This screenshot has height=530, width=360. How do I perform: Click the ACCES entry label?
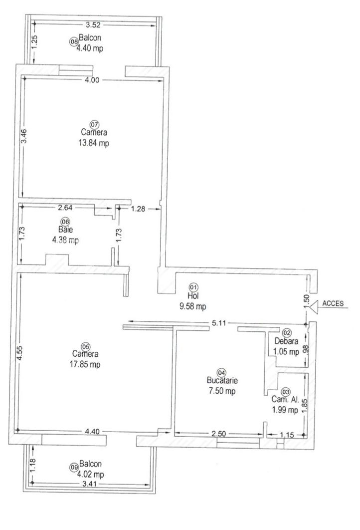tap(333, 303)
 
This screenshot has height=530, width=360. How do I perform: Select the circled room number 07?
tap(94, 124)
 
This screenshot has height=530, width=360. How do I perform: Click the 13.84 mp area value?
tap(94, 143)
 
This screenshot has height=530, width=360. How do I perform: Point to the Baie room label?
tap(65, 230)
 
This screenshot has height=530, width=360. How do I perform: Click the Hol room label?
tap(193, 296)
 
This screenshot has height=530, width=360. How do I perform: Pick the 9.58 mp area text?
tap(192, 306)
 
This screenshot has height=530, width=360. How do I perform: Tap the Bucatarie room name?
tap(222, 380)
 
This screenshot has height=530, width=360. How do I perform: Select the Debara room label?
tap(286, 341)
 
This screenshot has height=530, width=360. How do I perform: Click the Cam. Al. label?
tap(285, 400)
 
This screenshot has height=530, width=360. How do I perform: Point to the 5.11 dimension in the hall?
tap(218, 323)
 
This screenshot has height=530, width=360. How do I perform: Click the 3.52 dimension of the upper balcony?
tap(93, 24)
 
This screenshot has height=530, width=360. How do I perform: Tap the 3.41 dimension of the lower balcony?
tap(89, 484)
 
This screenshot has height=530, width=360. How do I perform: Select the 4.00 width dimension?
tap(92, 80)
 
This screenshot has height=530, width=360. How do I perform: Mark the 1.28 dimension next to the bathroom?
tap(138, 209)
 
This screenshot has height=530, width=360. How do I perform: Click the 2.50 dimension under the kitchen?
tap(219, 434)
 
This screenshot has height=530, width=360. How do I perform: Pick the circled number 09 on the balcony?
tap(74, 468)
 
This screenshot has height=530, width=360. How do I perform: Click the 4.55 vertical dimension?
tap(20, 352)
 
